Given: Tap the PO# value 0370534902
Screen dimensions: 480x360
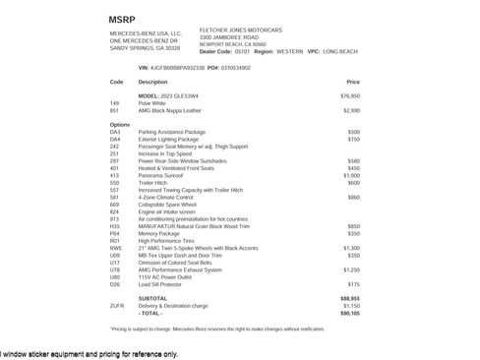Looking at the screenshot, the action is (233, 67).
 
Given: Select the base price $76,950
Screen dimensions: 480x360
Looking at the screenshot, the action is (350, 95).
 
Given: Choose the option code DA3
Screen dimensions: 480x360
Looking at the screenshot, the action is (115, 132).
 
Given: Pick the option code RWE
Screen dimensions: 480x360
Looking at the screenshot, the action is (115, 248).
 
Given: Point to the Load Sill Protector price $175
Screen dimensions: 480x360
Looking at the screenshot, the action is (354, 284).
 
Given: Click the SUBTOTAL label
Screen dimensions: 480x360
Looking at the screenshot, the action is (152, 298).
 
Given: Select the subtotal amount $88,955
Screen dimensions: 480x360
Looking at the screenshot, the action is (350, 298).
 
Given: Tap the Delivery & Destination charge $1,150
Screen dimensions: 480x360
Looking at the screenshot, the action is (352, 306).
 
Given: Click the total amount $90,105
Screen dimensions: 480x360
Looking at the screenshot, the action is (350, 313).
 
